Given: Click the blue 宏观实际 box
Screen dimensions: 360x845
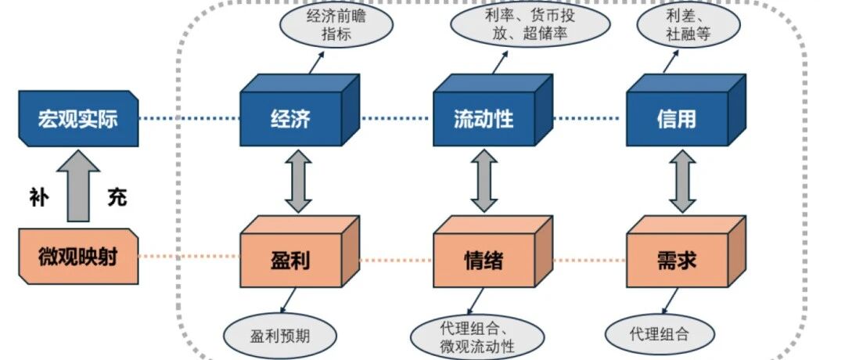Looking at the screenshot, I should (x=77, y=118).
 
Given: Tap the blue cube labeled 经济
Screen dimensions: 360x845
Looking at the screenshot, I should (x=290, y=118).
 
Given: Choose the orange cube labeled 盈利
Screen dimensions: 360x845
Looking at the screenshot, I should (x=290, y=257).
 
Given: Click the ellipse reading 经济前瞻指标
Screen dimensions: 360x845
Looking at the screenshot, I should (x=336, y=25).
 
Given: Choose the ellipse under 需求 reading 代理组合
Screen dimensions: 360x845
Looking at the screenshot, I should (x=659, y=334).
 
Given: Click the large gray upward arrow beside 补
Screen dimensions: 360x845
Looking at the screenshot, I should (x=77, y=187).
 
